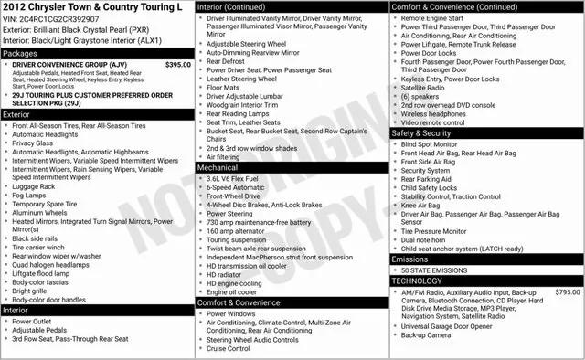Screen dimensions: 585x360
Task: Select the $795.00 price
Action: (563, 292)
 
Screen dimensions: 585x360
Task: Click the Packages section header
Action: (21, 54)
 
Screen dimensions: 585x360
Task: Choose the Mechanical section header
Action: (218, 168)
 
